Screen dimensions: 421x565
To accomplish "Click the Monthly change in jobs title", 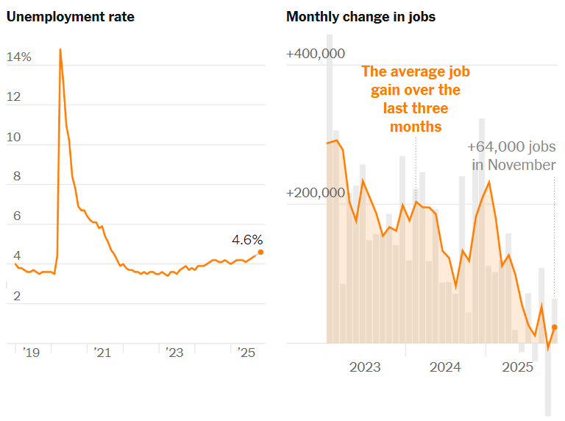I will [x=360, y=17].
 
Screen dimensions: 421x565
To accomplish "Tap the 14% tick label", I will [x=18, y=57].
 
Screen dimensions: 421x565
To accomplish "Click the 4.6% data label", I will [x=246, y=240].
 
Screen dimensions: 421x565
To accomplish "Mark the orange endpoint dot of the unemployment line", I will [x=260, y=252].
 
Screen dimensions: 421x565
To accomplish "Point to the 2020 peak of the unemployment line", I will [x=60, y=49].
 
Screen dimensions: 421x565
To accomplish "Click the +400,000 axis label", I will [x=316, y=54].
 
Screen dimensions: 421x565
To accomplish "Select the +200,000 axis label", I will [x=316, y=193].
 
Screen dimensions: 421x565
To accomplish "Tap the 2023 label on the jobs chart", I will [x=365, y=367].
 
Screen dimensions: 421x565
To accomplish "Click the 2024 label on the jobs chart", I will [x=445, y=367].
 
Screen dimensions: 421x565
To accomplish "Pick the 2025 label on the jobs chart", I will [x=518, y=367].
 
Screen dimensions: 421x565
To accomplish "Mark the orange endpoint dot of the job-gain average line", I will [x=555, y=327].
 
